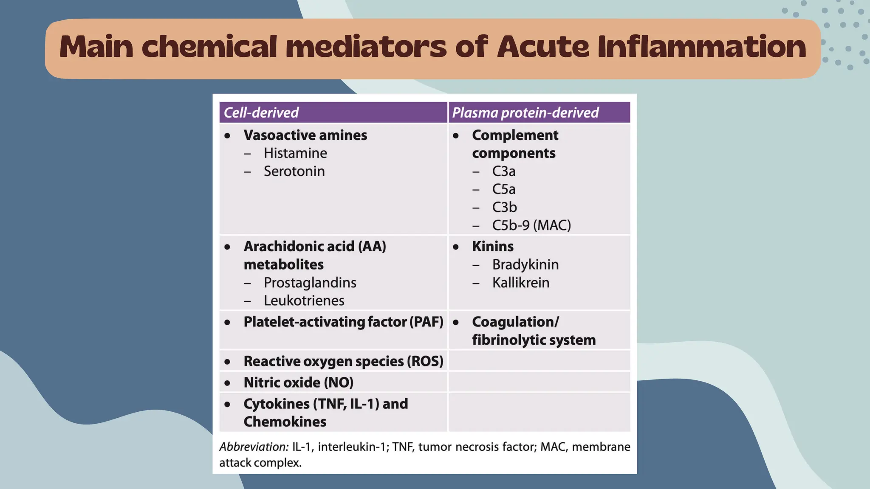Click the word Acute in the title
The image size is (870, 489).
[542, 47]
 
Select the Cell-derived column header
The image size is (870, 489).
[261, 112]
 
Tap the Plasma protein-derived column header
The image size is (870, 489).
[525, 112]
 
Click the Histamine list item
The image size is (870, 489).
[295, 153]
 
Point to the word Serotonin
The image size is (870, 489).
[294, 171]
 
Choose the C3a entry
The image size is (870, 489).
[503, 171]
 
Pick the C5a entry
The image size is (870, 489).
[503, 189]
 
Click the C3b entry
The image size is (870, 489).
[504, 207]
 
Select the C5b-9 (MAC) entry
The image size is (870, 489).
[531, 225]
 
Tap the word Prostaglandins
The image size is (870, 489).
[310, 283]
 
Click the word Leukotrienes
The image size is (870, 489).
[304, 301]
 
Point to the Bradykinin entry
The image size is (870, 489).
[525, 265]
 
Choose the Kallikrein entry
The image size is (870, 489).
[520, 283]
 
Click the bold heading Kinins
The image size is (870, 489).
[492, 247]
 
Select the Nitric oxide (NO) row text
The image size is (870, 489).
[298, 382]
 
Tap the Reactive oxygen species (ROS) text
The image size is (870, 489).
[343, 361]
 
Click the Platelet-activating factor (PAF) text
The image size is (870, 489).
[343, 322]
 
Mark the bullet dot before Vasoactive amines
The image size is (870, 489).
[228, 136]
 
